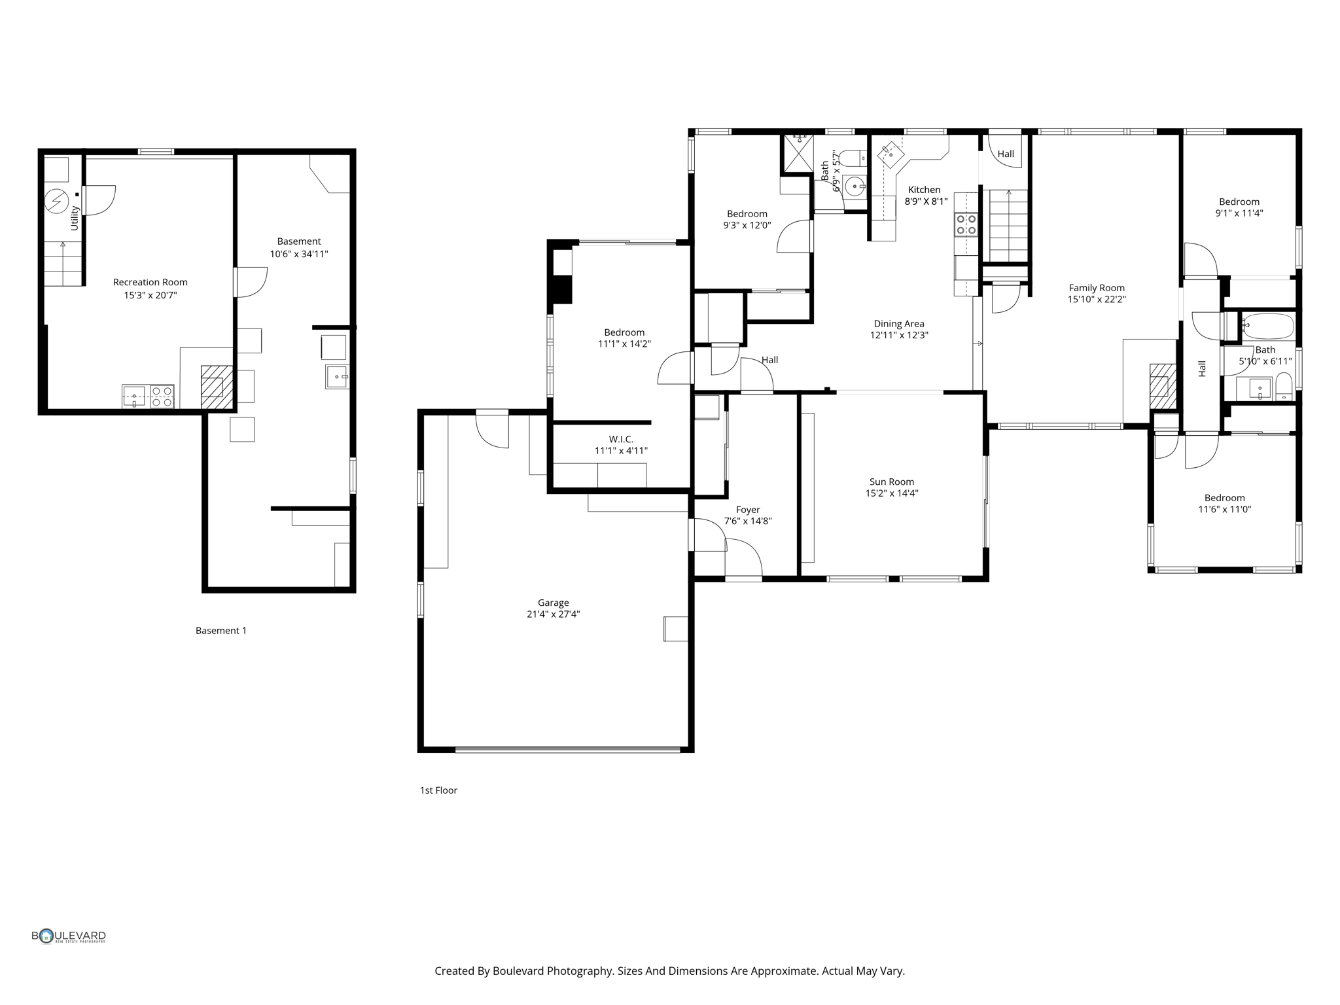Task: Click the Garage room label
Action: coord(553,603)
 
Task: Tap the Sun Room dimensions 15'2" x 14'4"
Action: coord(891,493)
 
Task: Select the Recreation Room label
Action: coord(150,282)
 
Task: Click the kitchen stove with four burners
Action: coord(966,224)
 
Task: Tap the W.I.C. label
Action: coord(620,439)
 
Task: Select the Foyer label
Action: coord(747,510)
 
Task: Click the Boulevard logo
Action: coord(69,936)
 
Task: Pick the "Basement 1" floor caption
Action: coord(221,631)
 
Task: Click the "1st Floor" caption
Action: coord(438,790)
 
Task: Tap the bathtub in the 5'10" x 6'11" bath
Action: coord(1269,326)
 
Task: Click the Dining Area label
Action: coord(898,323)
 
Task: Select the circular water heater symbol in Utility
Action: coord(57,201)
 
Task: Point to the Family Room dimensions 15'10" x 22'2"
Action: coord(1097,300)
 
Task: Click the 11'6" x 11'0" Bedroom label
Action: coord(1224,498)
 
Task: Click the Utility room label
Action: coord(75,218)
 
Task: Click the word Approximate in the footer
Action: coord(784,971)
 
